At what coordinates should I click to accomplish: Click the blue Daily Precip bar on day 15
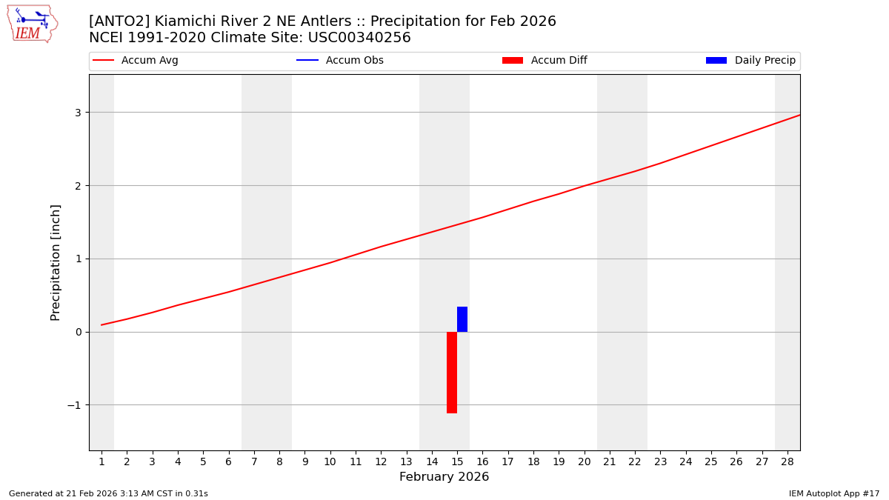[462, 319]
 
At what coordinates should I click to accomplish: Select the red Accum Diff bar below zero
[452, 372]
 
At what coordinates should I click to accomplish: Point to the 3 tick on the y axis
[77, 113]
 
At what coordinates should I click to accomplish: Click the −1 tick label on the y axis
[74, 405]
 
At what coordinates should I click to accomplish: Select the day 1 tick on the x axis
[101, 461]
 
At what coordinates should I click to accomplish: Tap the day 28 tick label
[787, 461]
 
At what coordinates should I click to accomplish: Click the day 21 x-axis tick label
[610, 461]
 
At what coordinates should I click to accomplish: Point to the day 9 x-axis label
[304, 461]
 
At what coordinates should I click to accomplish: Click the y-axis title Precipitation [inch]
[56, 262]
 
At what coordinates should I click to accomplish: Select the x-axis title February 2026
[444, 477]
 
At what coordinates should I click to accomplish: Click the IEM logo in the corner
[32, 24]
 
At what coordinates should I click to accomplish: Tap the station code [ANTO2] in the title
[119, 21]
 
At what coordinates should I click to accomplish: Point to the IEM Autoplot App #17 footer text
[834, 493]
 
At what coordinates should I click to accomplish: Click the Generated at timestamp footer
[108, 493]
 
